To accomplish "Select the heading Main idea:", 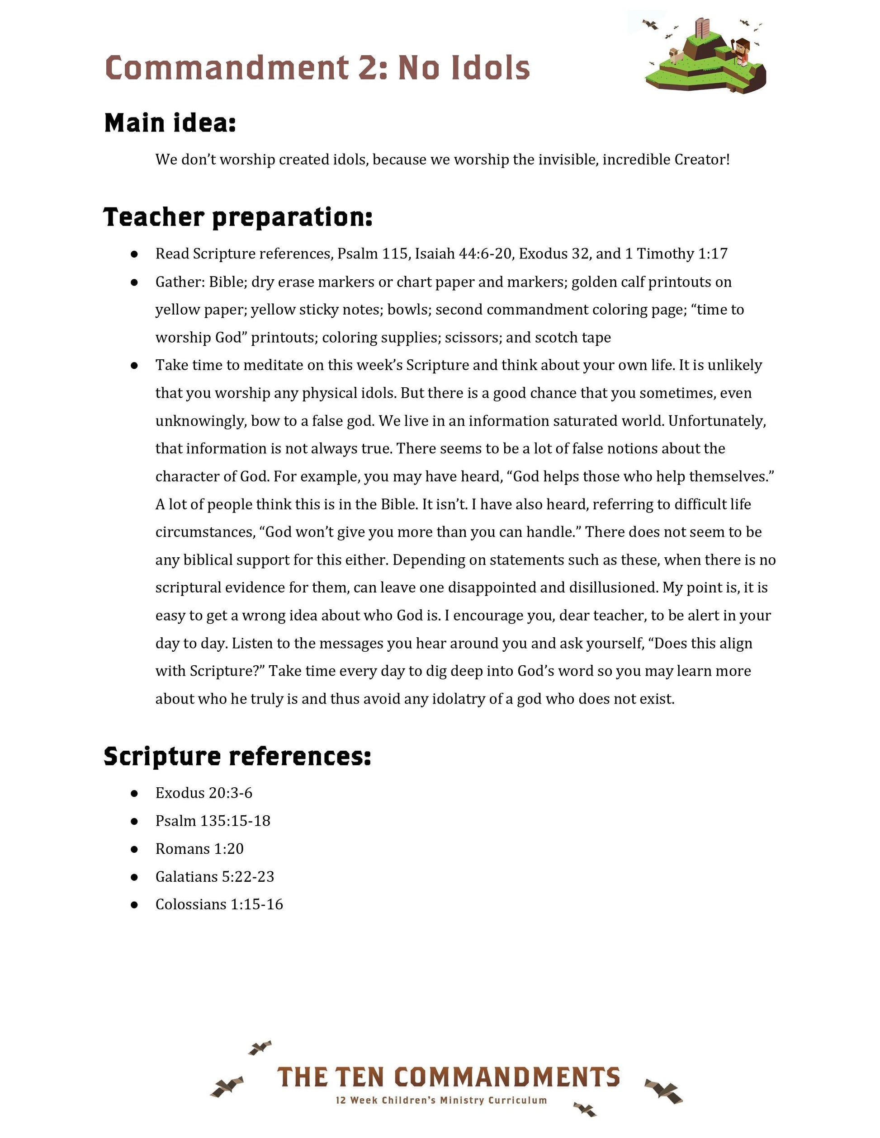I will pyautogui.click(x=170, y=123).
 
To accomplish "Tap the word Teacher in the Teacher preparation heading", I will pyautogui.click(x=154, y=217).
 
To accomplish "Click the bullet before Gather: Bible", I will pyautogui.click(x=134, y=282).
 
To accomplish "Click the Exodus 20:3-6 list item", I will pyautogui.click(x=204, y=793).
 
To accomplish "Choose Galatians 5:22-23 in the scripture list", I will pyautogui.click(x=215, y=876).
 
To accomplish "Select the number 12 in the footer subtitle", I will pyautogui.click(x=341, y=1100).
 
